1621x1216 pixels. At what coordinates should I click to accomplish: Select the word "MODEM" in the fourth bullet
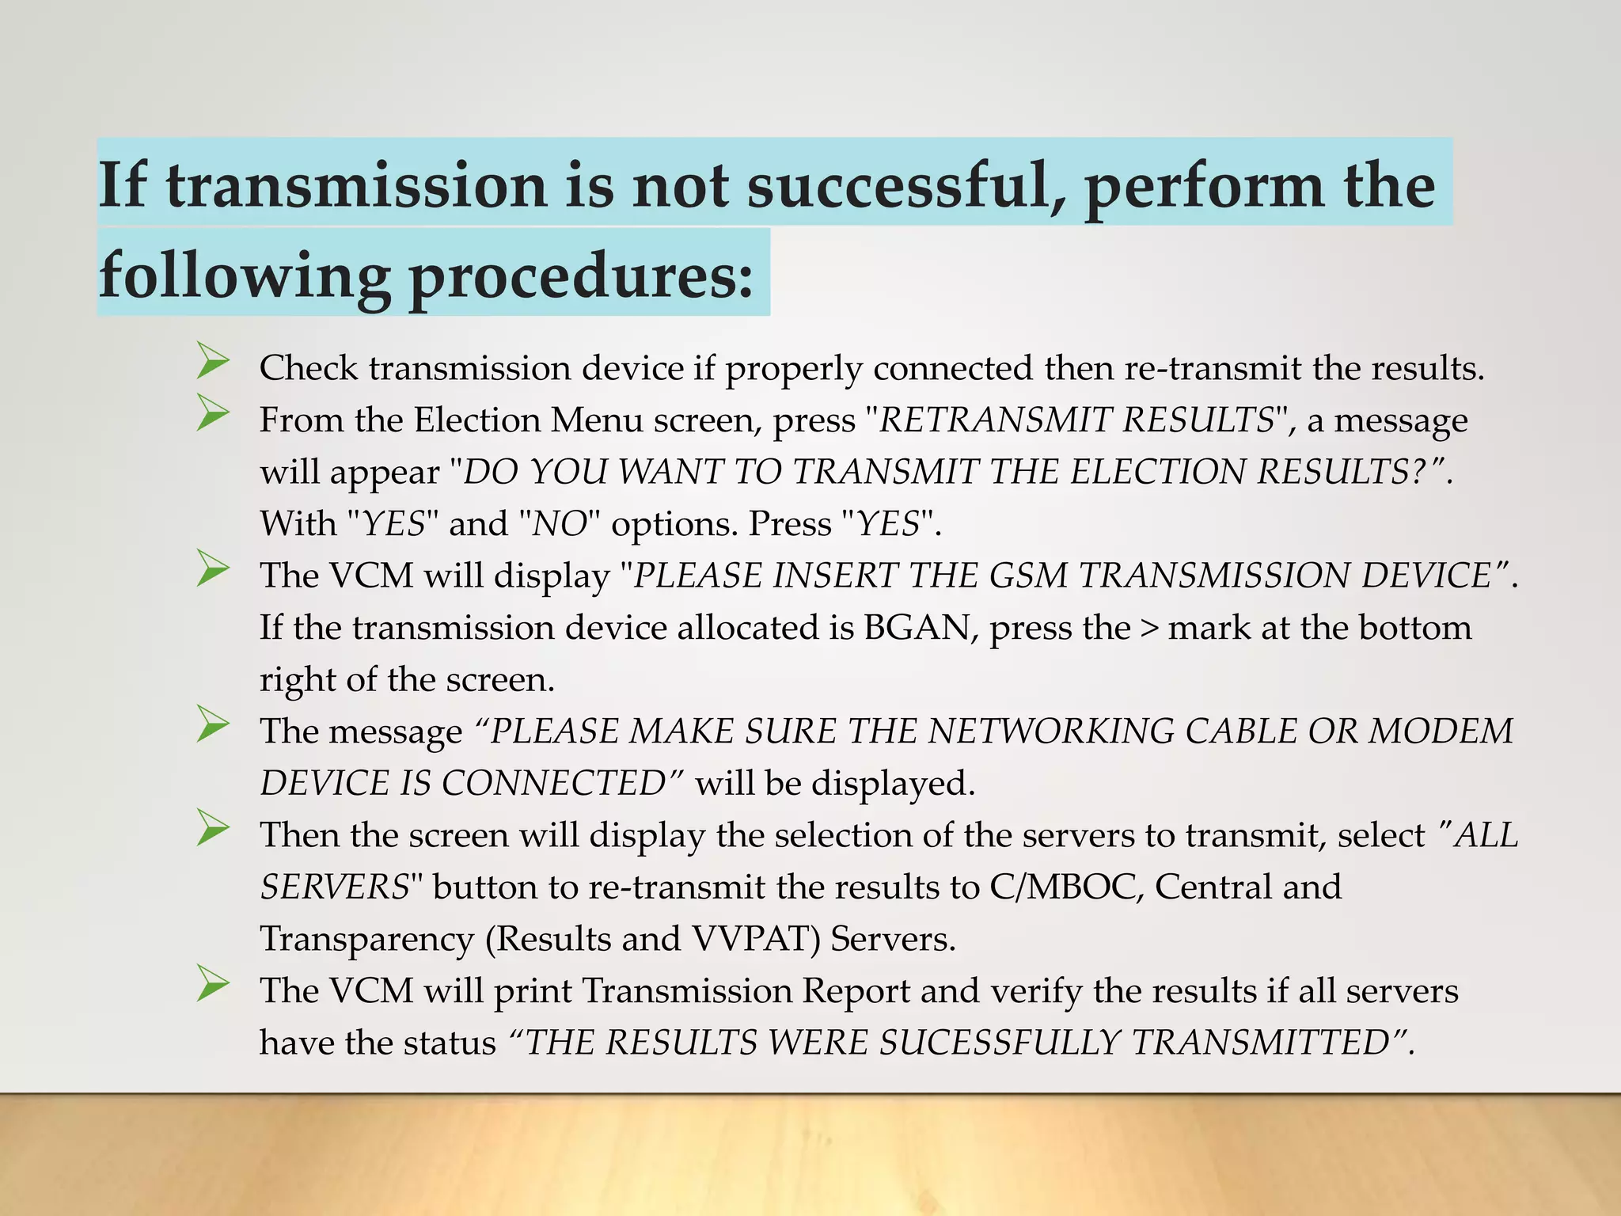(1441, 731)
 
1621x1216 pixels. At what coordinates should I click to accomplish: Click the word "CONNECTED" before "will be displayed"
(552, 783)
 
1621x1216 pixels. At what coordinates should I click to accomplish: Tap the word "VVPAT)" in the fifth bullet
(756, 939)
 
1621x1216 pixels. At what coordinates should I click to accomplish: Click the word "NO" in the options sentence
(559, 524)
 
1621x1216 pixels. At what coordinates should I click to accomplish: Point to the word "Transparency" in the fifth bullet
(366, 939)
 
